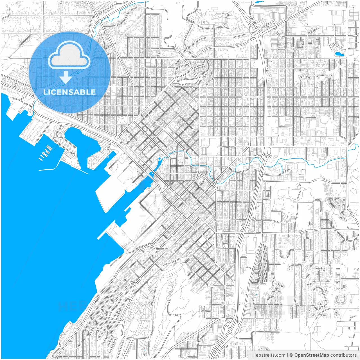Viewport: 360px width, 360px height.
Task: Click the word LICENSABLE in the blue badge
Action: pos(69,92)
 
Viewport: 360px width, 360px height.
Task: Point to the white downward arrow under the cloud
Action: pos(66,77)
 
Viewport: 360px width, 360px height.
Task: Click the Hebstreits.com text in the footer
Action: pos(269,355)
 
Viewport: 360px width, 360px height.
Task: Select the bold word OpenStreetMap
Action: pos(311,355)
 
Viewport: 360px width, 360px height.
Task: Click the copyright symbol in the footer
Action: pos(291,355)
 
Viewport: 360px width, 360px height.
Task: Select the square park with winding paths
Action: pos(122,119)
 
